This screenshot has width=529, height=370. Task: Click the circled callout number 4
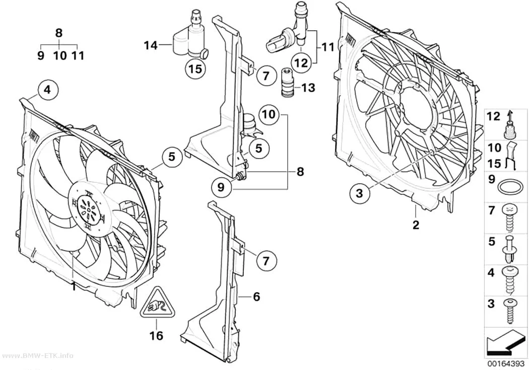coord(48,90)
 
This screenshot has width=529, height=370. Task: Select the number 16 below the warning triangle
coord(157,335)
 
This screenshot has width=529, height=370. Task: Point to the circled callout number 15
coord(195,69)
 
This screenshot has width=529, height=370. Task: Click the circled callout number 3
coord(360,193)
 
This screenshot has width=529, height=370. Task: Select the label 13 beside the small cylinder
coord(308,88)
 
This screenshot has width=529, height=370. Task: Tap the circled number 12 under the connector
coord(301,63)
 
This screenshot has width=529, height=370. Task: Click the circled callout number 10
coord(269,115)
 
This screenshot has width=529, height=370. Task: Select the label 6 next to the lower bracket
coord(256,297)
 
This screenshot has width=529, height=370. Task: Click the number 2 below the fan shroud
coord(416,225)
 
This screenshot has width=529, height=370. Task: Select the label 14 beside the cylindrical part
coord(151,45)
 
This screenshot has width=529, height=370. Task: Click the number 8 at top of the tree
coord(59,33)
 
